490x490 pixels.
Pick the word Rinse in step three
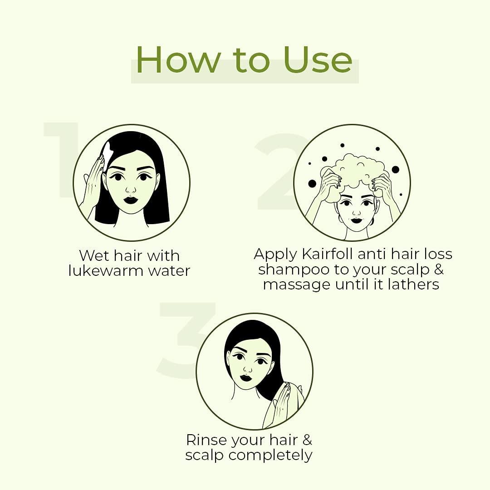[x=207, y=440]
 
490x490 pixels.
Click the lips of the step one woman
[x=131, y=200]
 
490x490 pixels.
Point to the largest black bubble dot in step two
[x=312, y=184]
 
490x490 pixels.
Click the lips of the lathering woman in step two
[x=357, y=220]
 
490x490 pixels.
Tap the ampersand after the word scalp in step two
[x=438, y=269]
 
